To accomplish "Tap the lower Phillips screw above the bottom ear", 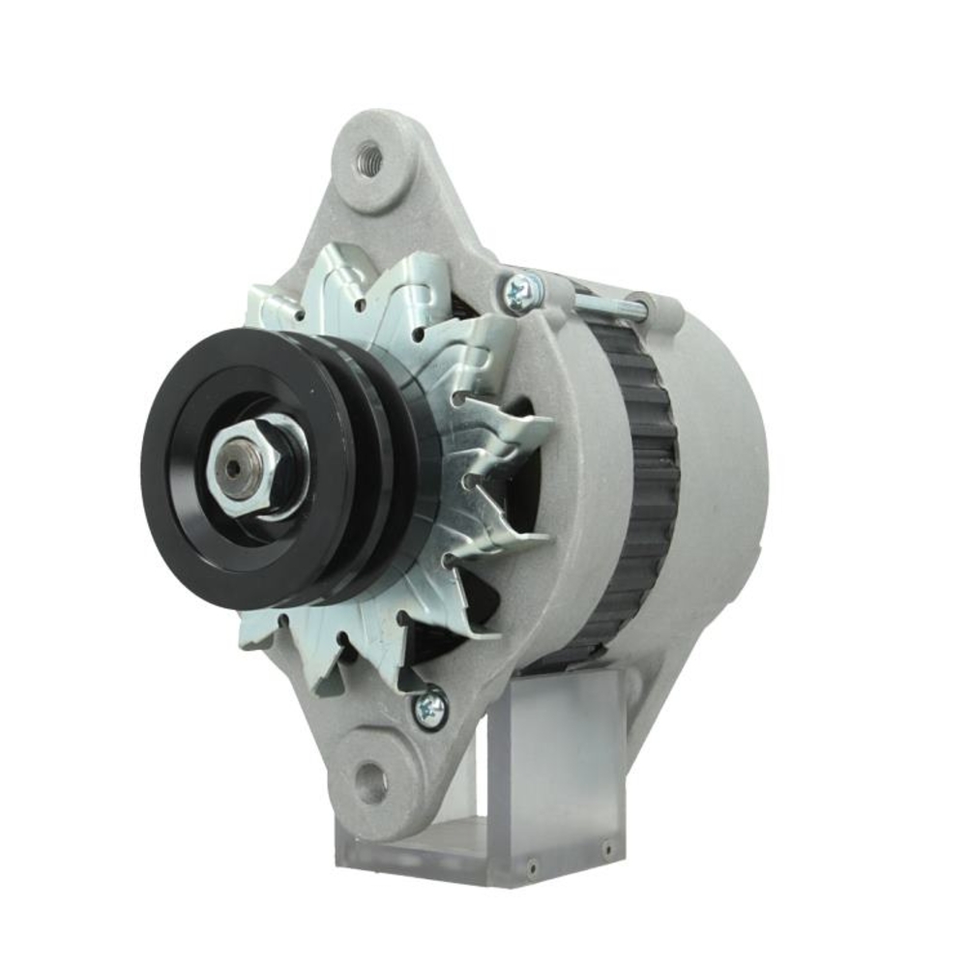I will click(x=429, y=709).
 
